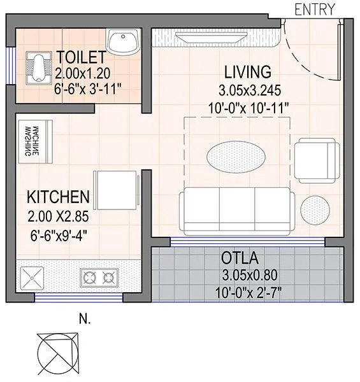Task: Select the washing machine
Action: point(34,141)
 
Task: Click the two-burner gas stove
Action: point(99,278)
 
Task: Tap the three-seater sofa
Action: point(236,210)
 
